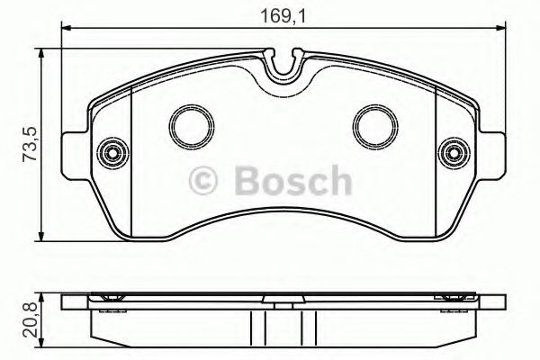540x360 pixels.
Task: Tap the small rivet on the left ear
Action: pyautogui.click(x=113, y=151)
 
